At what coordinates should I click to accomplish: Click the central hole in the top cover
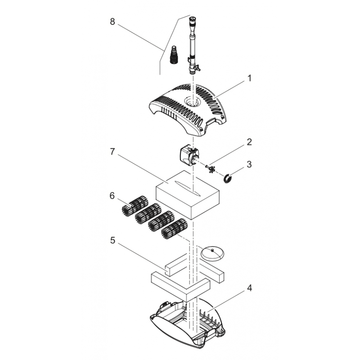pos(193,102)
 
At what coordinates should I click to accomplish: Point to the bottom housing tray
pos(189,322)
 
